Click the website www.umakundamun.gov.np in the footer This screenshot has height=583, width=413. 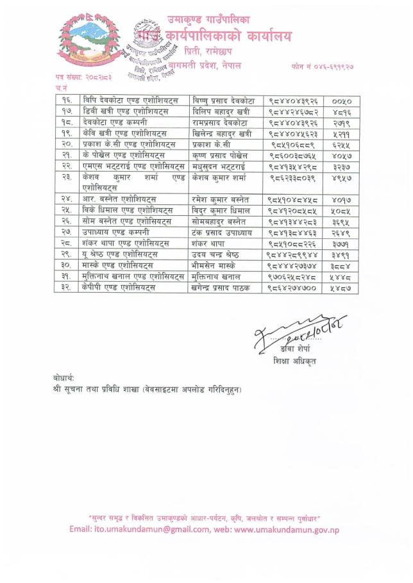pyautogui.click(x=291, y=529)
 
